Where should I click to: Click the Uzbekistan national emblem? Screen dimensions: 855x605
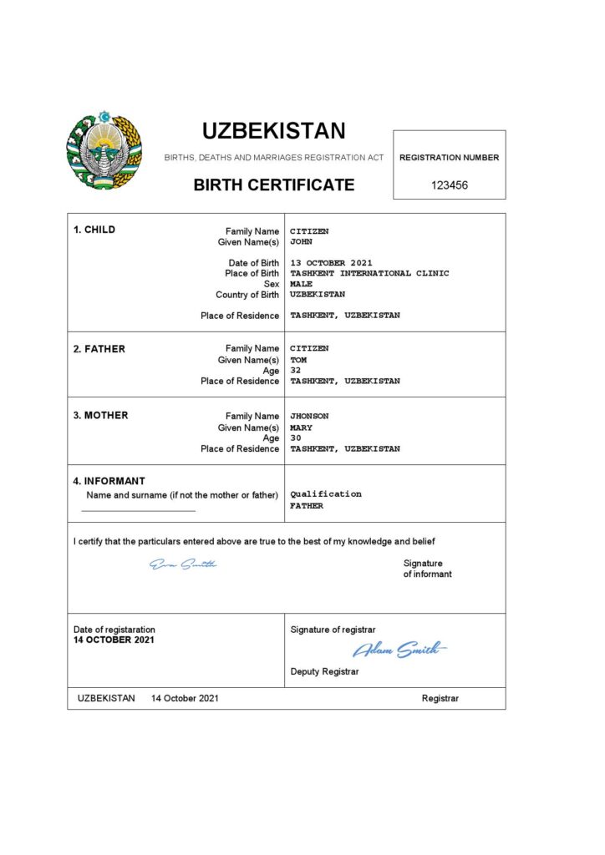click(x=104, y=149)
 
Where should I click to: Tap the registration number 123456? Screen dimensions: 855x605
click(x=450, y=185)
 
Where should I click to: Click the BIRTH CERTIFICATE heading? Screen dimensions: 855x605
click(x=274, y=185)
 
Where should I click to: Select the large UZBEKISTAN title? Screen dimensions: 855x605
click(x=273, y=131)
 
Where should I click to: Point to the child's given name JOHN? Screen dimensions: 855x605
click(x=301, y=242)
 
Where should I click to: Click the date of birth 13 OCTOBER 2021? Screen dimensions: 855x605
click(x=331, y=263)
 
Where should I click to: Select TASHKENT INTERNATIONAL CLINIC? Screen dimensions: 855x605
click(x=369, y=273)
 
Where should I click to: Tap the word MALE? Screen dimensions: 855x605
click(x=302, y=284)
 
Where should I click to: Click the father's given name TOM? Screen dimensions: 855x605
click(x=298, y=360)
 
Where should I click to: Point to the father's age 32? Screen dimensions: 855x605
click(x=296, y=370)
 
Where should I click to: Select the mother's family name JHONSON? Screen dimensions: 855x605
click(x=309, y=416)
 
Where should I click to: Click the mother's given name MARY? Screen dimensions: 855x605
click(x=301, y=427)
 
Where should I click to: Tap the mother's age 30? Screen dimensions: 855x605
click(x=296, y=438)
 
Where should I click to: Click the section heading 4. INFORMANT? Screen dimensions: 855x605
click(x=109, y=481)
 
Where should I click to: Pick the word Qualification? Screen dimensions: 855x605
click(x=326, y=494)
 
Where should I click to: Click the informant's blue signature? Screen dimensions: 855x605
click(x=183, y=565)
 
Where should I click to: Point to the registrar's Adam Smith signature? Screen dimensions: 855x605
click(x=399, y=649)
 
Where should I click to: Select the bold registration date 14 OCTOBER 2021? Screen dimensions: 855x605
click(x=114, y=640)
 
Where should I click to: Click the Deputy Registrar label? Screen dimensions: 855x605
click(x=324, y=671)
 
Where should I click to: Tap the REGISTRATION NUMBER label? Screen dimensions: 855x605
click(x=450, y=157)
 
